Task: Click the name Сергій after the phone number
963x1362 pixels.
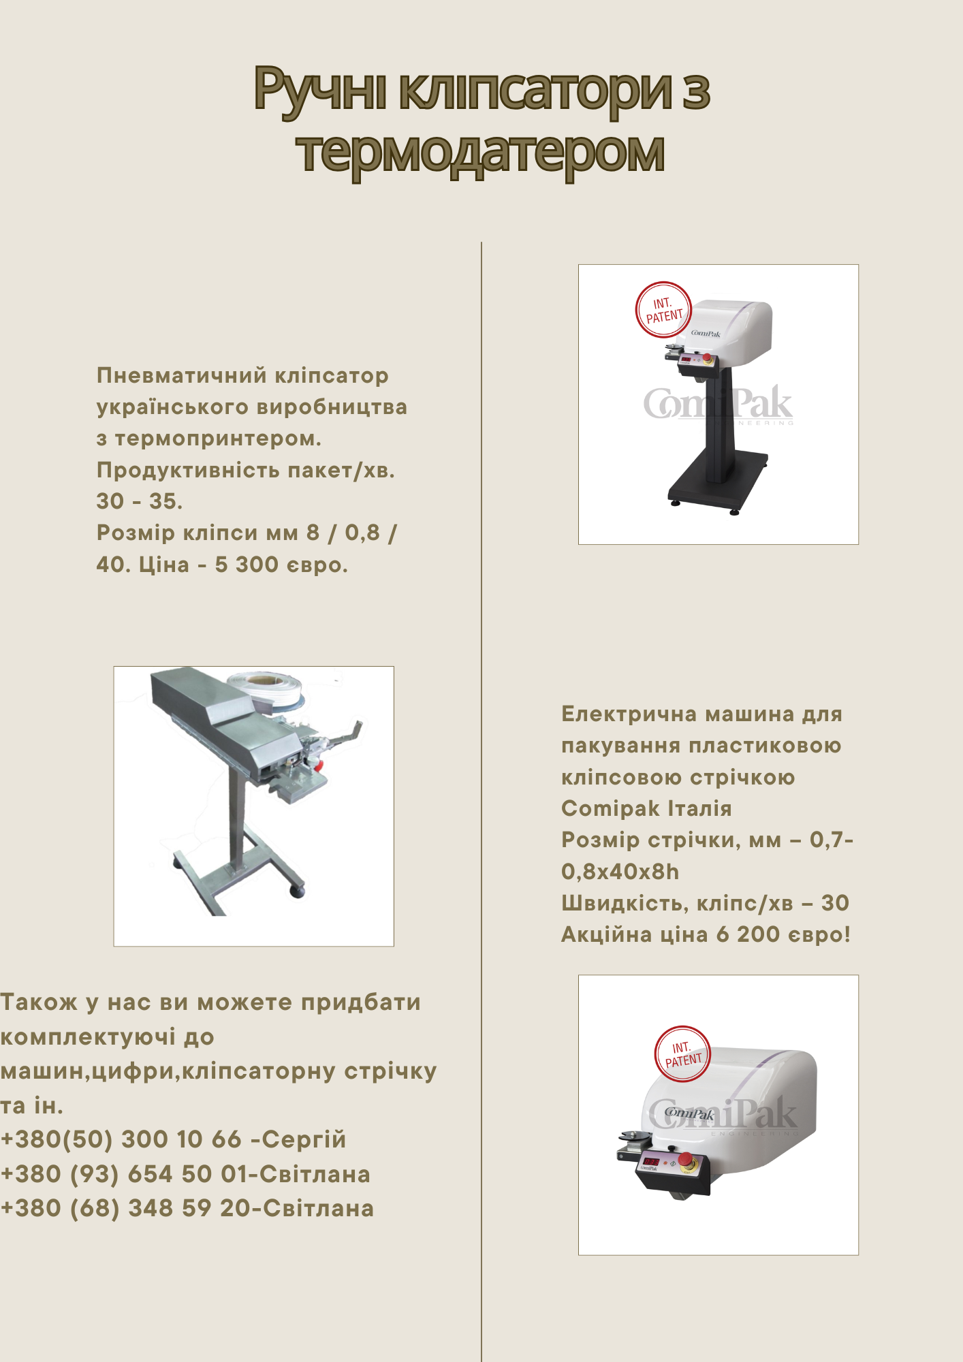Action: click(x=304, y=1139)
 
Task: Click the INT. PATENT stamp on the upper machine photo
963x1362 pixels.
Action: click(x=664, y=310)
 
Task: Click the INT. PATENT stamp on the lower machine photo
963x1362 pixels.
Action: click(x=683, y=1054)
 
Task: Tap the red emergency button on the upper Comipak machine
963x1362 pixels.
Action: click(x=707, y=358)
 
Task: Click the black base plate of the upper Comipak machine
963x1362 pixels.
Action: click(x=719, y=480)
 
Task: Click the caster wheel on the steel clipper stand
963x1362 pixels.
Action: click(x=297, y=889)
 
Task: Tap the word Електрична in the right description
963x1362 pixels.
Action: click(x=629, y=714)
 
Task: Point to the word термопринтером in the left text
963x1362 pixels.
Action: click(x=218, y=439)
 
